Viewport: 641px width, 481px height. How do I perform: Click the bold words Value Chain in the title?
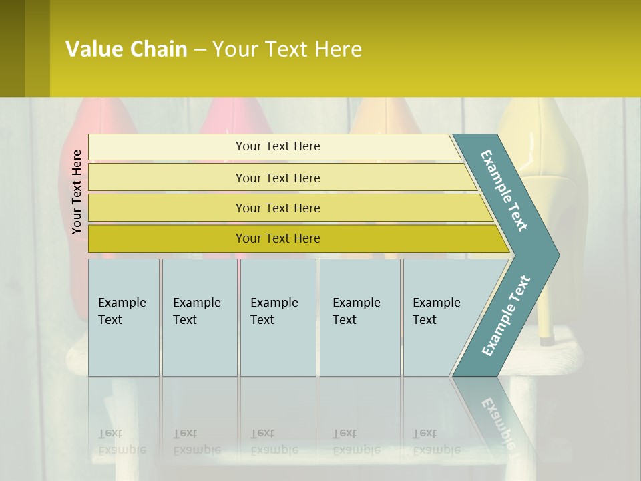point(126,49)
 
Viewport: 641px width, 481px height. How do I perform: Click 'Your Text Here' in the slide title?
point(287,49)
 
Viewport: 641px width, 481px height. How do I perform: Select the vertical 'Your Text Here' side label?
point(77,192)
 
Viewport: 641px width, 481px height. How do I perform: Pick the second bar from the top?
point(277,178)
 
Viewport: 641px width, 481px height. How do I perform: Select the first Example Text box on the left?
point(124,317)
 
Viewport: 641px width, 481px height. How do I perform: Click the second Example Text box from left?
point(199,317)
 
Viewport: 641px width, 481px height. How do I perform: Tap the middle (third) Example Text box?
point(278,317)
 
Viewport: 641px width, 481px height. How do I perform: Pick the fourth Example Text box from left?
point(360,317)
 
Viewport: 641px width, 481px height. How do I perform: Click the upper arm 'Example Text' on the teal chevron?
point(504,190)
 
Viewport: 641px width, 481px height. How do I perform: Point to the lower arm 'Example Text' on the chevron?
point(506,315)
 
